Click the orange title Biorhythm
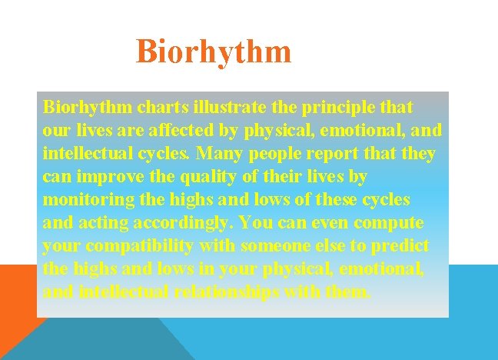tap(214, 52)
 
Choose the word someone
tap(275, 246)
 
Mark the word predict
tap(402, 246)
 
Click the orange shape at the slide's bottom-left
tap(15, 308)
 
